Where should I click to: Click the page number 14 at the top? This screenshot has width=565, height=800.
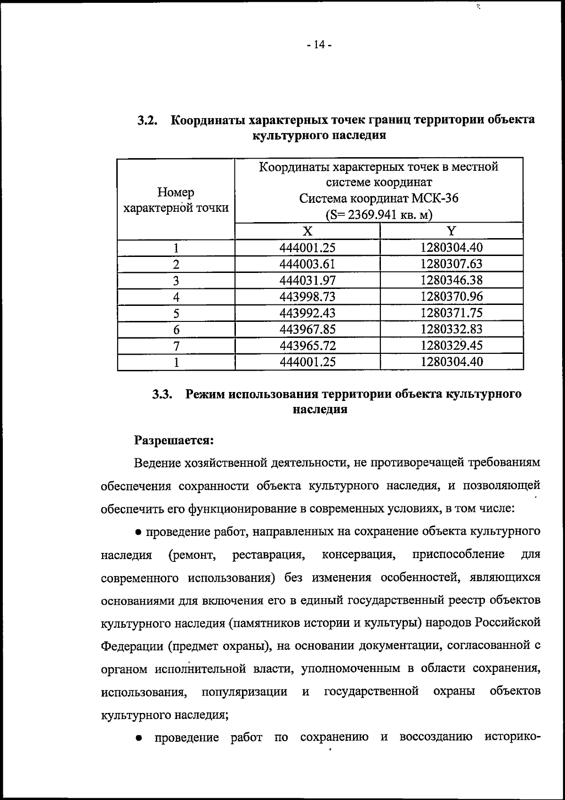click(x=319, y=45)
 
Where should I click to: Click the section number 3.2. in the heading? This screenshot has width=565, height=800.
click(x=147, y=120)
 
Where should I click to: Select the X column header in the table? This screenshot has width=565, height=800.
click(x=307, y=231)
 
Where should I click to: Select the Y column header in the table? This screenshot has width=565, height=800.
click(x=452, y=231)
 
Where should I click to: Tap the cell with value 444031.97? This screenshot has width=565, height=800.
click(x=307, y=280)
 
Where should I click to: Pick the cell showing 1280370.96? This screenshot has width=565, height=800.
click(x=452, y=296)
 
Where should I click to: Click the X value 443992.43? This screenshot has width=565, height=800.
click(x=307, y=313)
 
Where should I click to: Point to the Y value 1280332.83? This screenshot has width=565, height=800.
click(x=452, y=329)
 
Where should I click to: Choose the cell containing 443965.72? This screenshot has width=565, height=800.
click(x=307, y=346)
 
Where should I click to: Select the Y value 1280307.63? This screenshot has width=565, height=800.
click(x=452, y=264)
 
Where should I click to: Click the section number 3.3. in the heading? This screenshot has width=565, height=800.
click(x=163, y=394)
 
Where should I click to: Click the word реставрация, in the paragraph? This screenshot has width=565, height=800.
click(x=268, y=555)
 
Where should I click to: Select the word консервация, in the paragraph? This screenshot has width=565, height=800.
click(x=358, y=555)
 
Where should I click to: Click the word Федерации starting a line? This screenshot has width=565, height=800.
click(x=131, y=646)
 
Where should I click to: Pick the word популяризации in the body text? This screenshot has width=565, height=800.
click(x=244, y=691)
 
